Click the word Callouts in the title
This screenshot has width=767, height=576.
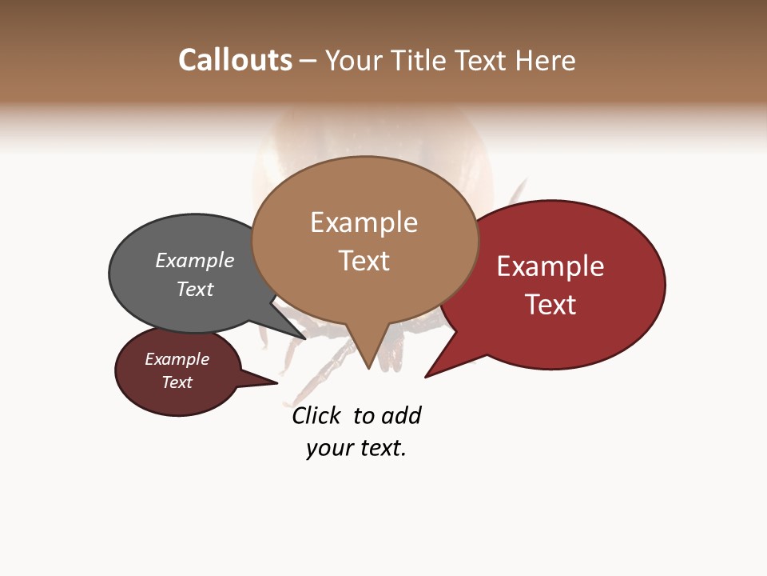click(x=235, y=60)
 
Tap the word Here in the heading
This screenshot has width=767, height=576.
click(x=546, y=61)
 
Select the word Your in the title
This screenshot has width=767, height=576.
click(x=355, y=61)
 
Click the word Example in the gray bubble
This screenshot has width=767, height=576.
click(x=194, y=260)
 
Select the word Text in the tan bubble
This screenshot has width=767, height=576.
click(x=364, y=261)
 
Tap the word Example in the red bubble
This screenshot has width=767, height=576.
click(x=550, y=266)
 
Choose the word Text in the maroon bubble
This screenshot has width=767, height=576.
click(x=177, y=382)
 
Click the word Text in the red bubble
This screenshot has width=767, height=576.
click(x=550, y=305)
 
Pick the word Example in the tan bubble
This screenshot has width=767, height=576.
click(x=364, y=222)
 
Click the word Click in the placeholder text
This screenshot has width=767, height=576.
click(x=316, y=416)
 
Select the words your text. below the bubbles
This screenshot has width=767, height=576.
click(x=356, y=448)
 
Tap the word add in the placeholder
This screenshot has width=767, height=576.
click(x=401, y=416)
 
